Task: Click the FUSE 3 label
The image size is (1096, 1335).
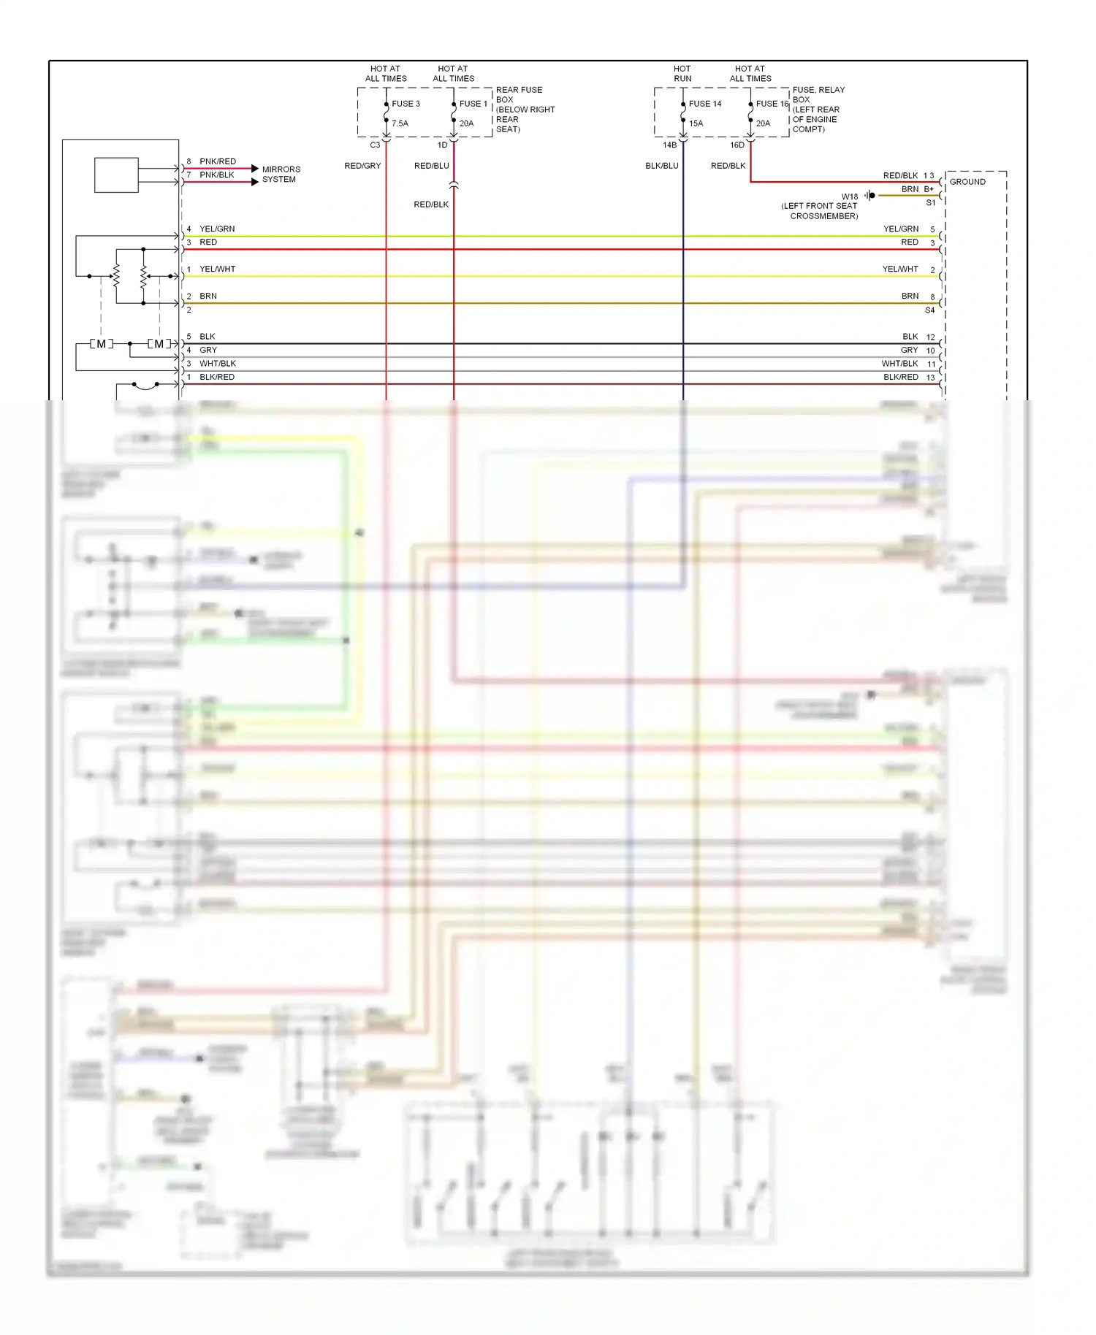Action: point(406,104)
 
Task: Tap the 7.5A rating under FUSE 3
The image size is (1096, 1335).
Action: point(400,123)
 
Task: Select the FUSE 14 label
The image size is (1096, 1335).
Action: point(704,104)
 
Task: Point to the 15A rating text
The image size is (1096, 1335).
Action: point(696,123)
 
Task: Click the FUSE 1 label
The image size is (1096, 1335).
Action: point(473,104)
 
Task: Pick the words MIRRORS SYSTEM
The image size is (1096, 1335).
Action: point(281,174)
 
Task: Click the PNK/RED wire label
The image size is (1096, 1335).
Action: point(218,161)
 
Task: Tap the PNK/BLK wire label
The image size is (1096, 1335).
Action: point(217,175)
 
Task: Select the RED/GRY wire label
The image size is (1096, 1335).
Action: point(362,166)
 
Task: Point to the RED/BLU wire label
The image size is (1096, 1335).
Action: point(431,166)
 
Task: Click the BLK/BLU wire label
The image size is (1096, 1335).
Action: point(662,166)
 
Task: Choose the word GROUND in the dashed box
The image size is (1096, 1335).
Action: point(967,182)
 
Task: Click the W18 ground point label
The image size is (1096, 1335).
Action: point(849,196)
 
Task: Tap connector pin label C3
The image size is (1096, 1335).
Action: point(375,145)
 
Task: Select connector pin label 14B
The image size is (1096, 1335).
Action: point(669,145)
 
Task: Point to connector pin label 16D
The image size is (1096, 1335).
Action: point(737,145)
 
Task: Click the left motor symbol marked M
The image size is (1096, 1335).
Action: point(102,344)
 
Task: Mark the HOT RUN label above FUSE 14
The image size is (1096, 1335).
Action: point(682,74)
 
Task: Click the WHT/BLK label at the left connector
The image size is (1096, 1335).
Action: point(218,364)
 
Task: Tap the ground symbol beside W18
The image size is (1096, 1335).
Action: point(869,196)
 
